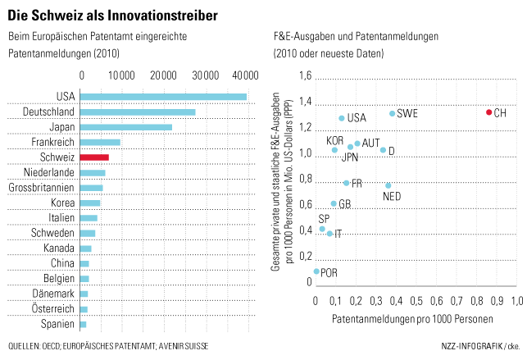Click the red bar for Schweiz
[x=94, y=157]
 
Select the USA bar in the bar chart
[x=163, y=97]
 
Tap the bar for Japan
[x=126, y=127]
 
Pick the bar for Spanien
[x=84, y=325]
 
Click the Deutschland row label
[x=48, y=112]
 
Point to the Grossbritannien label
[x=41, y=188]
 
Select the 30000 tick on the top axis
[x=206, y=75]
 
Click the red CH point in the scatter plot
[x=489, y=112]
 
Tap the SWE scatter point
[x=393, y=114]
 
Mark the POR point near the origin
[x=316, y=271]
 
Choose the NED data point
[x=388, y=185]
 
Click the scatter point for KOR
[x=334, y=150]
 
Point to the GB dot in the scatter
[x=334, y=203]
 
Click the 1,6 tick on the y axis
[x=306, y=75]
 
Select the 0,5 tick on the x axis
[x=416, y=301]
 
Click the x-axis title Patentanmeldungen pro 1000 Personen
[x=412, y=319]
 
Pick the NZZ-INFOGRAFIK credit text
[x=472, y=346]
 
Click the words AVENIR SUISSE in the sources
[x=184, y=346]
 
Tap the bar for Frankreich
[x=100, y=142]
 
